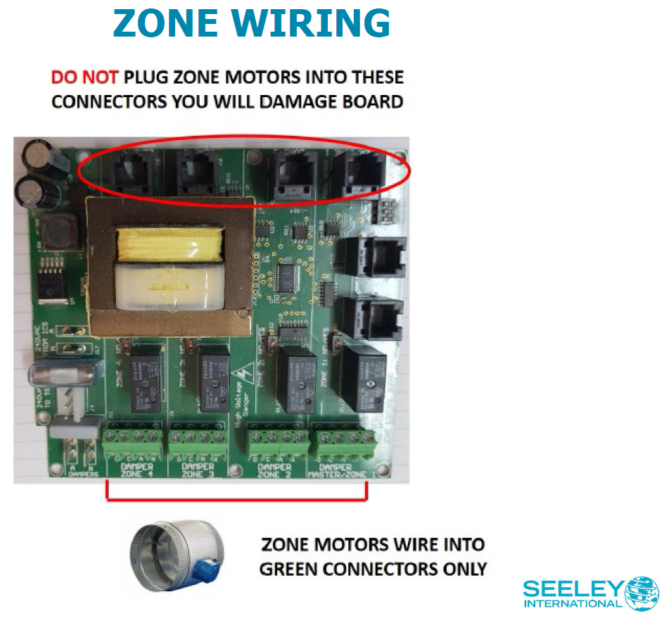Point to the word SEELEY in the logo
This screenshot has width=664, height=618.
point(573,588)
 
